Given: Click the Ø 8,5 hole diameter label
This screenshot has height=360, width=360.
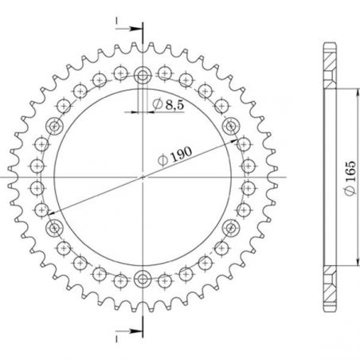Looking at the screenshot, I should pyautogui.click(x=166, y=104).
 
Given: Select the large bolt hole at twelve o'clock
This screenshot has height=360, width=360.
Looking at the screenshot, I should pyautogui.click(x=143, y=76).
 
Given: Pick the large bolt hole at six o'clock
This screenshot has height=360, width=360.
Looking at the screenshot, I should pyautogui.click(x=143, y=278).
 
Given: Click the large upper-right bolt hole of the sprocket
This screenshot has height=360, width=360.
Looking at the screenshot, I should pyautogui.click(x=232, y=125).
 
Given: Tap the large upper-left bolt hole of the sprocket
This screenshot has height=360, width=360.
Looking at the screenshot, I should pyautogui.click(x=55, y=125).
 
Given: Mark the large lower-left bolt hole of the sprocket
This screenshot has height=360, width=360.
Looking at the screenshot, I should pyautogui.click(x=55, y=229).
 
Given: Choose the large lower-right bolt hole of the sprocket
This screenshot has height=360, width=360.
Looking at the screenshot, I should pyautogui.click(x=232, y=229).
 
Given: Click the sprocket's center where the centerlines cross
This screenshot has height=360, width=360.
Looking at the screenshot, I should pyautogui.click(x=143, y=177).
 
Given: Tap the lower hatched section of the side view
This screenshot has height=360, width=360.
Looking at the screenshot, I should pyautogui.click(x=330, y=293).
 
